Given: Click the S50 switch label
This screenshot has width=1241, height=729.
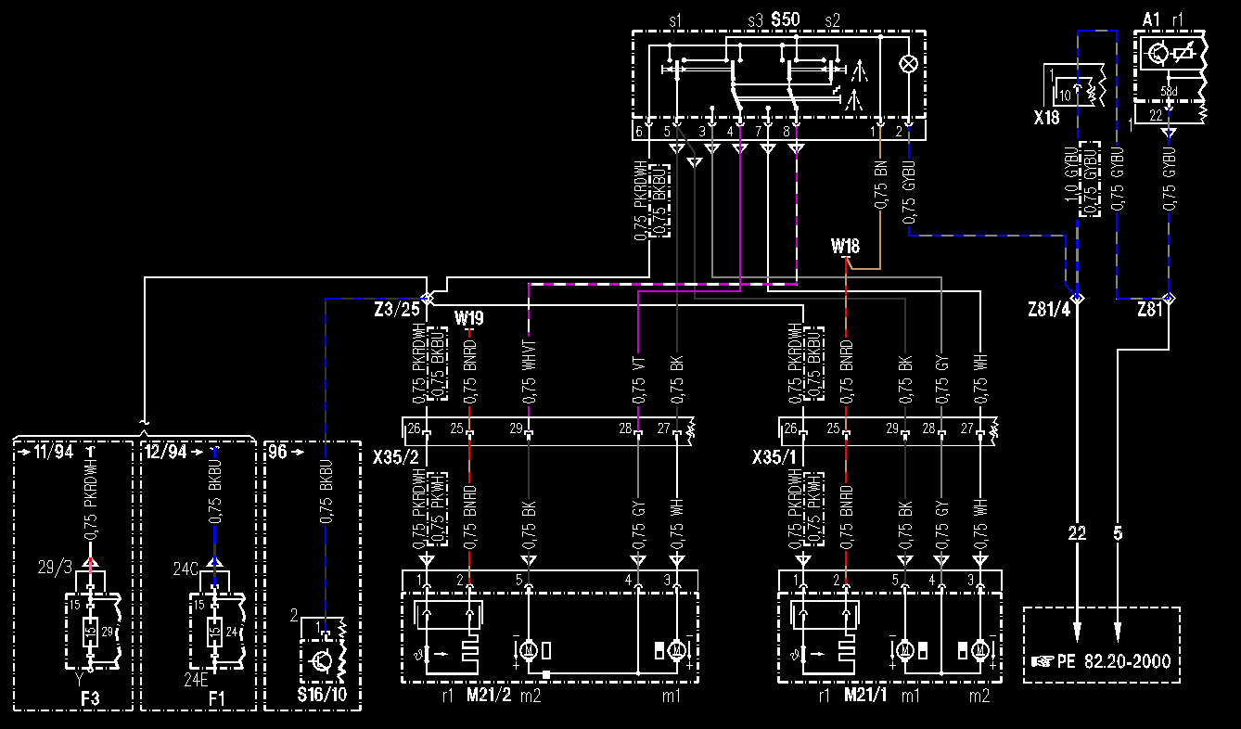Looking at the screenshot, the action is click(786, 19).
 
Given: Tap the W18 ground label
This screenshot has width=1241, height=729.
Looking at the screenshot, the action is click(846, 248).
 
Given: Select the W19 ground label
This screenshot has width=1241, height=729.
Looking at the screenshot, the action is click(469, 317).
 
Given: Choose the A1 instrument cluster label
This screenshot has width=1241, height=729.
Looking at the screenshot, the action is click(1151, 19).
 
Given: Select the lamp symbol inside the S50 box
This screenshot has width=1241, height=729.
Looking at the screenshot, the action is click(910, 64).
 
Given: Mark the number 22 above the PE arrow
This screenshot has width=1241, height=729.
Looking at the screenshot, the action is click(1076, 533).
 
